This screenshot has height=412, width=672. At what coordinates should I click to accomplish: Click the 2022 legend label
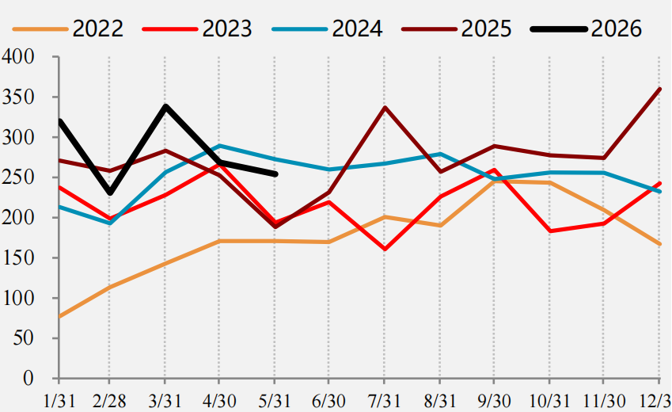(x=97, y=29)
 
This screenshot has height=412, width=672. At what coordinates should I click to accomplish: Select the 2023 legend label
(x=227, y=29)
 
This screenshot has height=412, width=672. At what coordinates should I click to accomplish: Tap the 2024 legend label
(x=357, y=29)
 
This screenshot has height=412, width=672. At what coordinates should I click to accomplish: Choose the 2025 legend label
(x=487, y=29)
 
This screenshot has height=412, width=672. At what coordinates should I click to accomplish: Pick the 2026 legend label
(x=617, y=29)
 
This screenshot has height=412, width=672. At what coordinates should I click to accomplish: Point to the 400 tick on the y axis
(x=18, y=56)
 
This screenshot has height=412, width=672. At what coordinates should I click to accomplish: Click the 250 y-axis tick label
(x=18, y=177)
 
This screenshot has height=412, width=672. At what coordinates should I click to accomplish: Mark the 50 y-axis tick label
(x=24, y=338)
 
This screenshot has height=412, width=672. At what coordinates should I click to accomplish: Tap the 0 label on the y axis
(x=28, y=378)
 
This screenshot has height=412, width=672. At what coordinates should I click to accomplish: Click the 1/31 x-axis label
(x=59, y=401)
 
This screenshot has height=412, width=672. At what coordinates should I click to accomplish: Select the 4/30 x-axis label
(x=219, y=401)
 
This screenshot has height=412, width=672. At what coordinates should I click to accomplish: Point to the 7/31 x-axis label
(x=384, y=401)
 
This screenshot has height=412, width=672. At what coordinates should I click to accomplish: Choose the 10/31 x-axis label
(x=549, y=401)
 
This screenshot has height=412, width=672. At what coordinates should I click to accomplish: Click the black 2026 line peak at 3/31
(x=165, y=106)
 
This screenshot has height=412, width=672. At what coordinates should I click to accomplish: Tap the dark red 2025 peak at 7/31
(x=385, y=107)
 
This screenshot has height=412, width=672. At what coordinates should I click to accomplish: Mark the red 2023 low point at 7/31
(x=385, y=249)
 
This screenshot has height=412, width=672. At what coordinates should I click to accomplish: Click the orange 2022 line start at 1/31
(x=59, y=317)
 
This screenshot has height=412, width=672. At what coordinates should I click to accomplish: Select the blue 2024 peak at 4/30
(x=219, y=146)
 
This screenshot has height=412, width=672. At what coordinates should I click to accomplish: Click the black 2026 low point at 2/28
(x=110, y=193)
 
